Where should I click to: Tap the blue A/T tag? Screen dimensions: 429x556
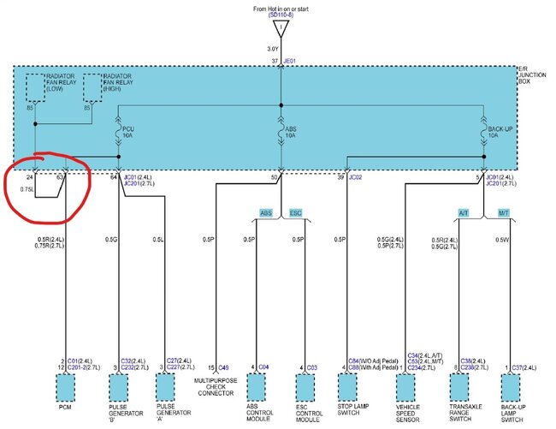click(464, 212)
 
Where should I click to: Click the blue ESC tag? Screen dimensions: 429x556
click(295, 212)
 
